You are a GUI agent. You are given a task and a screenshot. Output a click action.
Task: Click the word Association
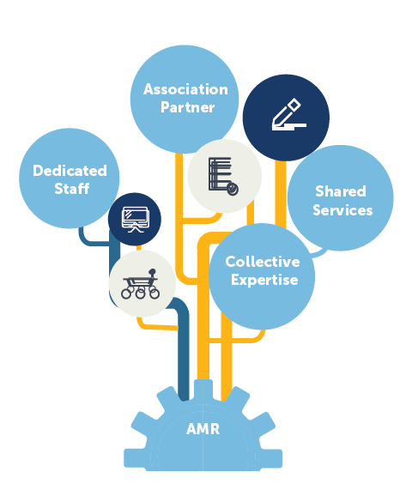185,89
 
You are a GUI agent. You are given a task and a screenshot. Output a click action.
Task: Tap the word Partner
188,107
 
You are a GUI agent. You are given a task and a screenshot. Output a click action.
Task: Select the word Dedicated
70,171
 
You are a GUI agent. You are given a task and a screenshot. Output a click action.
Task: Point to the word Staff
72,189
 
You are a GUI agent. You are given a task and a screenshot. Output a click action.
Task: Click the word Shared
341,191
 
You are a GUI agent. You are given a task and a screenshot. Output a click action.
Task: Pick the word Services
342,210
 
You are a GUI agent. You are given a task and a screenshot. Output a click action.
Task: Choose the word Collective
263,262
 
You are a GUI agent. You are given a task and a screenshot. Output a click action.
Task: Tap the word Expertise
264,281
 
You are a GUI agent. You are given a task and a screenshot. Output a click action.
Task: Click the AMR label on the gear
203,429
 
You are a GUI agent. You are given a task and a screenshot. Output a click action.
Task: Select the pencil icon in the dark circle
288,114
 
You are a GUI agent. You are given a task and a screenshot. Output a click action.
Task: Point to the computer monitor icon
135,220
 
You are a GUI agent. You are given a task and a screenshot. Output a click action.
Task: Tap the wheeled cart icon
141,284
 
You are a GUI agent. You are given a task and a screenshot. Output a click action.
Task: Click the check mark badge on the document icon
233,189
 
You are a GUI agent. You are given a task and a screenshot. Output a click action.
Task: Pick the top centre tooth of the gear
203,389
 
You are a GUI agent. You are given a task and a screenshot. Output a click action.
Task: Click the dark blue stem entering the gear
183,353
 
